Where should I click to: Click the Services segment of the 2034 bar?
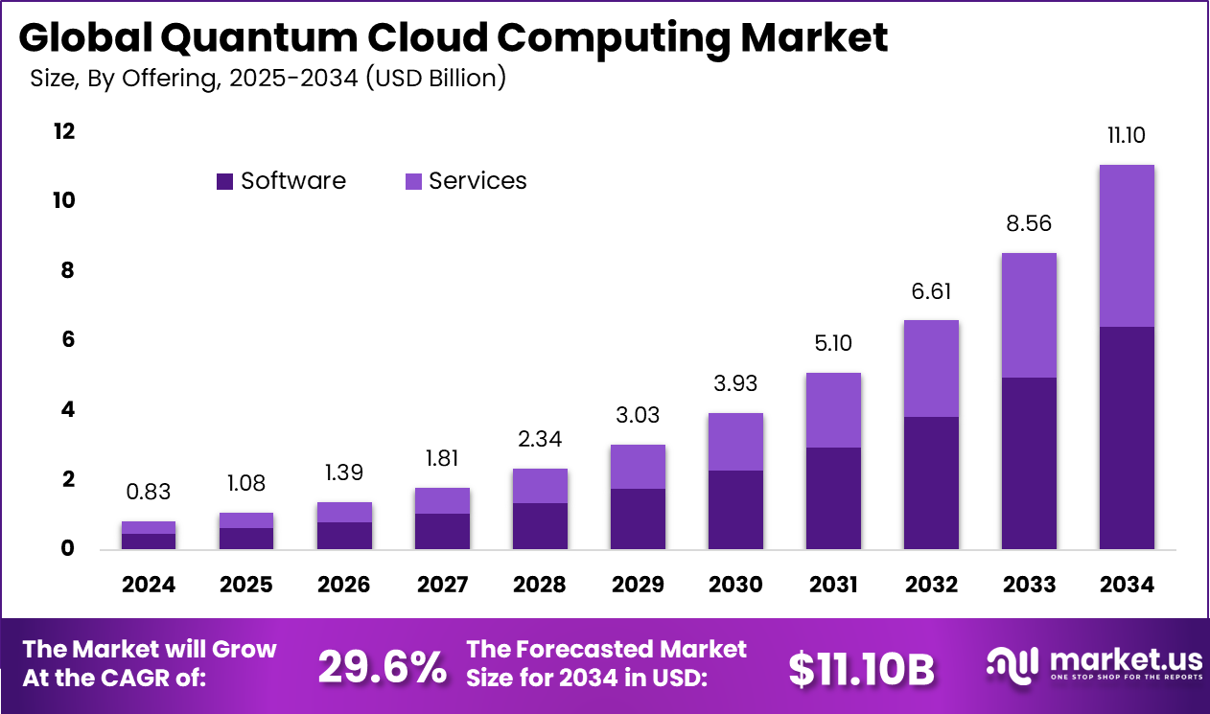point(1126,245)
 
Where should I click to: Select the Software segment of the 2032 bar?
point(930,482)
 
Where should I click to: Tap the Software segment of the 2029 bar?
point(638,518)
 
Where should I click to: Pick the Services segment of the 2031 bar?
point(832,410)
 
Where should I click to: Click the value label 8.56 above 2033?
point(1028,223)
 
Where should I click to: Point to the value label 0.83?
point(148,492)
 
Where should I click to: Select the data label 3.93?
point(735,383)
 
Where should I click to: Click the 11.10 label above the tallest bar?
point(1126,136)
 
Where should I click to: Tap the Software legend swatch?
point(225,181)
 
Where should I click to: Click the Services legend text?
point(477,181)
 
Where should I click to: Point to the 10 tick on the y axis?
point(63,200)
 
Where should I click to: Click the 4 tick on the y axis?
point(68,409)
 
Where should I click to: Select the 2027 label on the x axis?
point(442,584)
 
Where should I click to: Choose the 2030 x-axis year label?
point(735,584)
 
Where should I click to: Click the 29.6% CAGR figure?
point(382,667)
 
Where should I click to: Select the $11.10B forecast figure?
point(861,669)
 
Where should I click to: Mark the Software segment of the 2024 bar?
point(148,541)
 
